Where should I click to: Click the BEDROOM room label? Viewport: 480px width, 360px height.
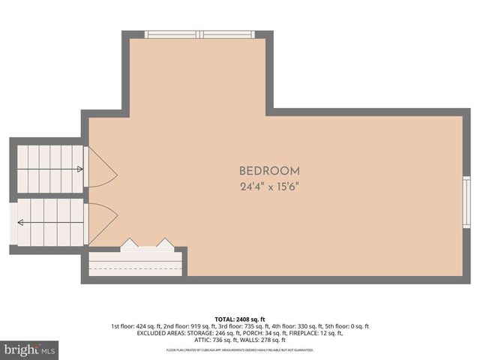pos(269,171)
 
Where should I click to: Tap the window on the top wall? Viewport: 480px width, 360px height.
pos(199,34)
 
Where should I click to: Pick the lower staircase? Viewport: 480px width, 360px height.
pos(49,222)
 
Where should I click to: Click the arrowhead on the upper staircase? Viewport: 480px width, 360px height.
pos(80,169)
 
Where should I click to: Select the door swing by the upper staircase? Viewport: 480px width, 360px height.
pos(102,169)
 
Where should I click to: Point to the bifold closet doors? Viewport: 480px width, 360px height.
pos(148,244)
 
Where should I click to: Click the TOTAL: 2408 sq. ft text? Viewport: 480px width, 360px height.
pos(240,319)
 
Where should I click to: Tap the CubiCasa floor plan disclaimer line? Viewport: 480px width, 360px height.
pos(240,349)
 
